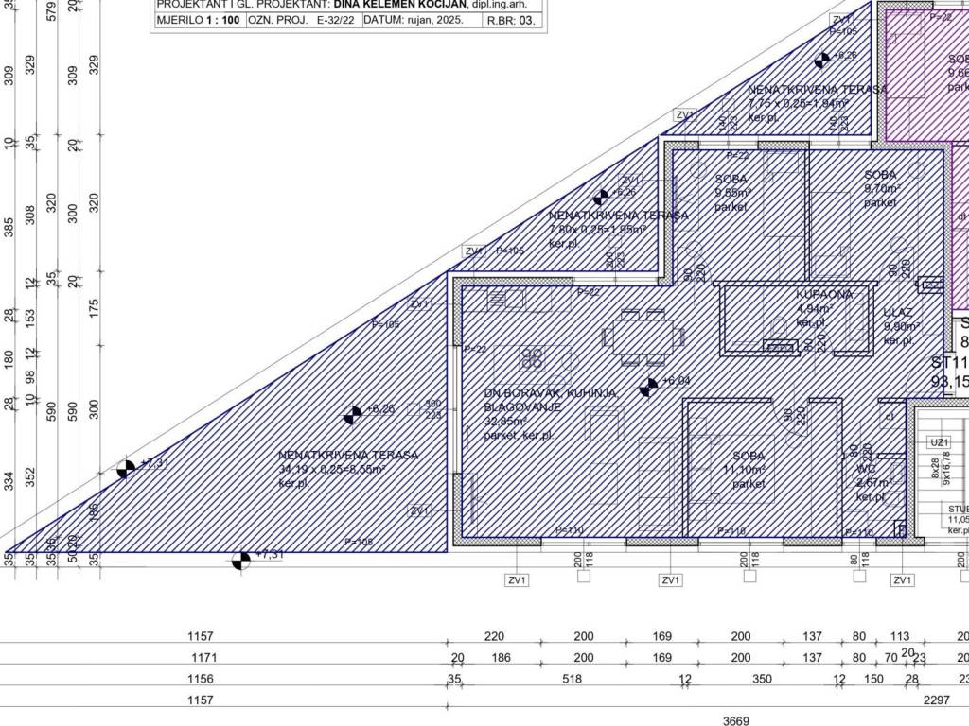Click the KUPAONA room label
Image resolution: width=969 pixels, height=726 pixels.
point(824,294)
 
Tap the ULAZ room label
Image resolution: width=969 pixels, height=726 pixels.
point(897,312)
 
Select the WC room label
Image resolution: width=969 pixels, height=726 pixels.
point(865,469)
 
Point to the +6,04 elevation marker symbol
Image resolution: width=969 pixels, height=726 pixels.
point(649,386)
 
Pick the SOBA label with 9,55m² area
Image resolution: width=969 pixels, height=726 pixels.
point(731,179)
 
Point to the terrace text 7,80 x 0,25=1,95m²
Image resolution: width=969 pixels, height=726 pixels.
point(598,229)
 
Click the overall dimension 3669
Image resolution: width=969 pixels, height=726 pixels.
point(736,721)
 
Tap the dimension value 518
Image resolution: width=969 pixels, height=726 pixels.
point(571,679)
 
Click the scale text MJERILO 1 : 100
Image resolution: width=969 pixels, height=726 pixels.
point(197,19)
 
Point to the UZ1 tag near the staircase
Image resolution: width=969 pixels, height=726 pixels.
point(939,441)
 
